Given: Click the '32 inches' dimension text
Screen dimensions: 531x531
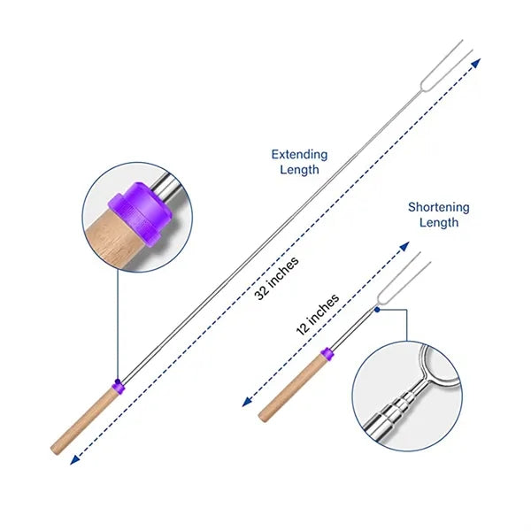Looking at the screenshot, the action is coord(277,278).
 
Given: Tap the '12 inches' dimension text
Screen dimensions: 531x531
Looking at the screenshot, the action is coord(318,314).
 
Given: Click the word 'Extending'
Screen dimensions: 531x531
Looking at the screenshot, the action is coord(299,155).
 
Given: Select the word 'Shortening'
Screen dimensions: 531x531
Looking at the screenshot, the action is coord(439,207).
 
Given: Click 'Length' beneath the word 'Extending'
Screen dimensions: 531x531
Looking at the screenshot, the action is coord(299,169).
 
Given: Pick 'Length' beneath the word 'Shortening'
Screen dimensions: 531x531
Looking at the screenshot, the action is coord(439,222).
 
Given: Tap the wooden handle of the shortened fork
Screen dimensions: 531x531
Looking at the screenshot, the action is coord(291,389).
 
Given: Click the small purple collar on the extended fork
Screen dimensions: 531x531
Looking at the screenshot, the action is coord(119,387).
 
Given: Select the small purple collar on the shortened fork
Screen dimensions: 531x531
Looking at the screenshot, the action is coord(327,353).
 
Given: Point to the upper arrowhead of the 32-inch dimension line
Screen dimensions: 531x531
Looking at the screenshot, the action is coord(476,63).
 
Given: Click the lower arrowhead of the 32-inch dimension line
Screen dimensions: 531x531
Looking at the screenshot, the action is coord(74,459).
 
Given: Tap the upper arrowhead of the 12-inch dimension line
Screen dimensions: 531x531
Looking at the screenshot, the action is coord(404,247).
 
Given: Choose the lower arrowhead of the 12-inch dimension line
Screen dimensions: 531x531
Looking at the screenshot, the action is coord(247,402).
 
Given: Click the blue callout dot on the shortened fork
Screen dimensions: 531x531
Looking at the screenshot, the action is coord(377,309).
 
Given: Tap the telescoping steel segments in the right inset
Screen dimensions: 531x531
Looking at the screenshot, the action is coord(396,409).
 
